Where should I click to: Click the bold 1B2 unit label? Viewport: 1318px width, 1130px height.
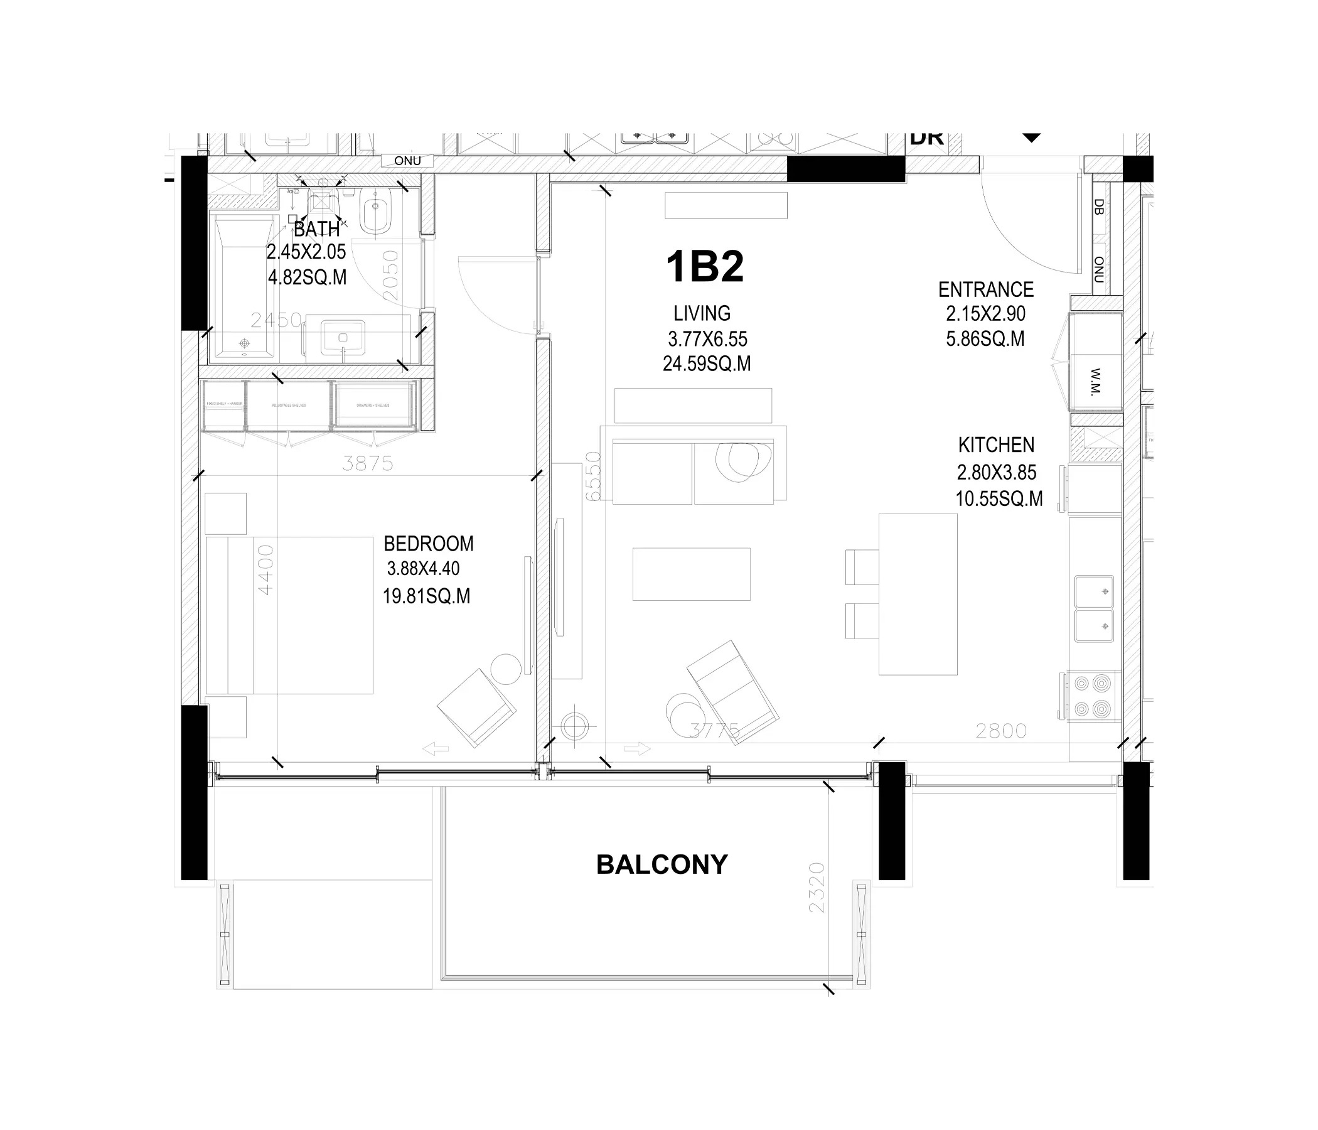(x=704, y=267)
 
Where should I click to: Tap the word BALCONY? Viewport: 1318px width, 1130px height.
(x=662, y=864)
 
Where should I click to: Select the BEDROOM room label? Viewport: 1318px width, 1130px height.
(x=428, y=544)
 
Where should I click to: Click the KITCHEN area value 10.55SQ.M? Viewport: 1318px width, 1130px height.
(x=999, y=499)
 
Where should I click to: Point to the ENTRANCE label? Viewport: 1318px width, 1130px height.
(x=985, y=290)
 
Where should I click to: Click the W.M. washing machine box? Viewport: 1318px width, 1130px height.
(x=1095, y=380)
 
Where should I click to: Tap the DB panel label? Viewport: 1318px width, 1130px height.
(x=1098, y=207)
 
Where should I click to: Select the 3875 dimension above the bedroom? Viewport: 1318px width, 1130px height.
(x=367, y=463)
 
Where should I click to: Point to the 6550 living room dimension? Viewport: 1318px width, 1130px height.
(x=593, y=476)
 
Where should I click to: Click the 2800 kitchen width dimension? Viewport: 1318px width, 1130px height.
(x=1000, y=731)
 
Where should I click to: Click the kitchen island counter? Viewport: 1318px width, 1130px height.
(x=918, y=594)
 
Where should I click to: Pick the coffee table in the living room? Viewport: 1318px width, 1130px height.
(x=691, y=574)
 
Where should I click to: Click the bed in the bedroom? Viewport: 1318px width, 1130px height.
(x=289, y=615)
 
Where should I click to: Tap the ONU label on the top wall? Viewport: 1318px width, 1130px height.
(x=407, y=161)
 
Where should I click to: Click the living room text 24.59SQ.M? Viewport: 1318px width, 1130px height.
(x=706, y=364)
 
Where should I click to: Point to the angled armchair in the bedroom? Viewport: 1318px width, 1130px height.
(x=476, y=708)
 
